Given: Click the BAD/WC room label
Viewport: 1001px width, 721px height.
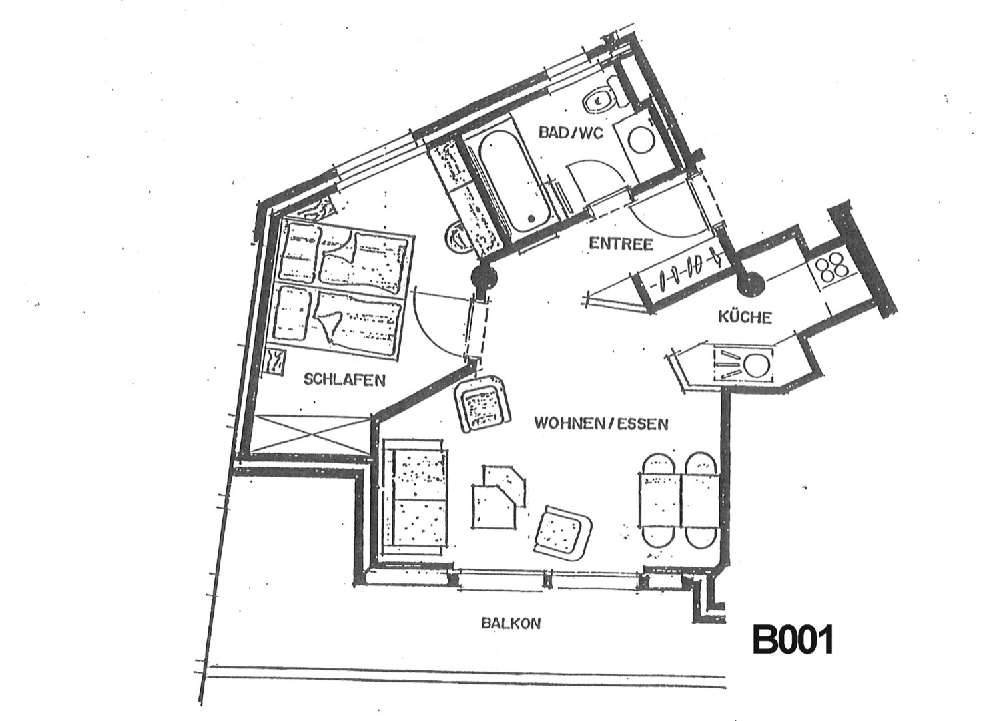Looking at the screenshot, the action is coord(571,133).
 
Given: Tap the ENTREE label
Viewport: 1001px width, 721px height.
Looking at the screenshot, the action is coord(621,244).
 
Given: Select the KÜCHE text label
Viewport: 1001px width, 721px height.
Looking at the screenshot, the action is coord(745,317).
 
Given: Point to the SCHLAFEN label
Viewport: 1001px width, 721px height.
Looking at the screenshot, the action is coord(344,379).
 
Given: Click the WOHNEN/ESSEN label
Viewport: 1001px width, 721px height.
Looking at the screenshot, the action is coord(601,423).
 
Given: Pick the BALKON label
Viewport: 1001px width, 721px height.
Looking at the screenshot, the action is coord(511,623).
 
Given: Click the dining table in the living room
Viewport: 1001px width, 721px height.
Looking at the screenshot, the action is coord(679,500).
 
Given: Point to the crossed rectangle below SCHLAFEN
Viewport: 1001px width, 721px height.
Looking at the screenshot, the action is coord(310,434).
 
